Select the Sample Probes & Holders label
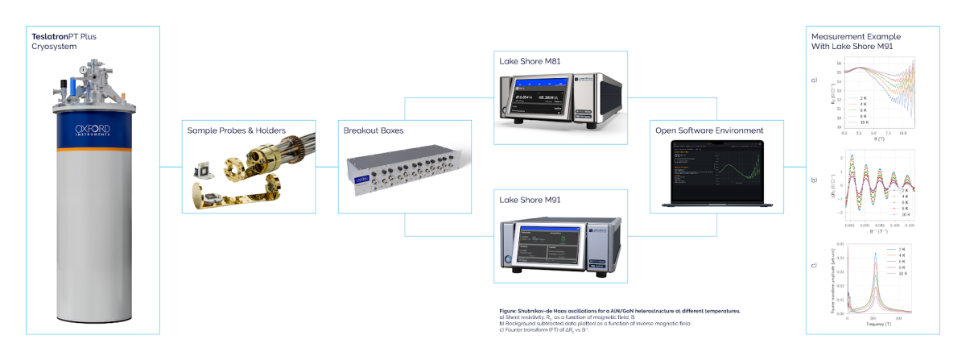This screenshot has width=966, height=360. (x=236, y=130)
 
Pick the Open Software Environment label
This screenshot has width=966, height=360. (x=708, y=130)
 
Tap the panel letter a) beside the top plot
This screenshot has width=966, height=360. (x=814, y=81)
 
